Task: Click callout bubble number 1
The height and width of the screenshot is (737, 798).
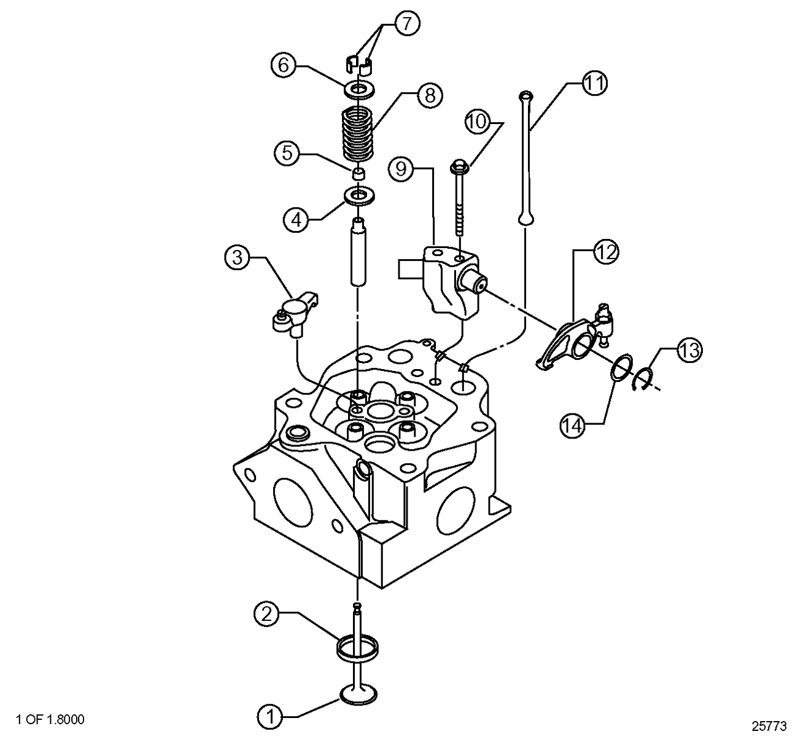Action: coord(269,716)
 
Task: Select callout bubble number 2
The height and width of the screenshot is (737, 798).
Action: coord(266,614)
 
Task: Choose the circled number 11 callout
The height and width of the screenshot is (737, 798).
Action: coord(594,84)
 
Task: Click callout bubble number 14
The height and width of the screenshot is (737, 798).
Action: coord(573,425)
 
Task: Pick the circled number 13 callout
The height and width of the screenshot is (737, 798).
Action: coord(689,351)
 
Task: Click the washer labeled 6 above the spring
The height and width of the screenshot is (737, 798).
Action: coord(360,90)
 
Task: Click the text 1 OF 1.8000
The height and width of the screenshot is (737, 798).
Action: coord(52,719)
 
